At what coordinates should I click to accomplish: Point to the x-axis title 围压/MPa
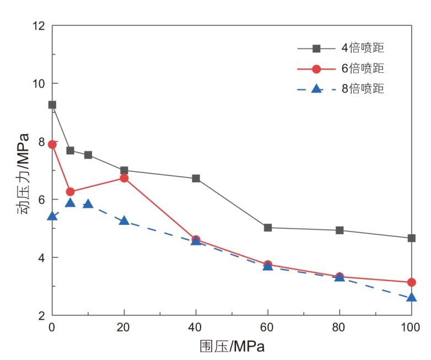click(x=231, y=347)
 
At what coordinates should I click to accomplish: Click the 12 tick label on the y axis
click(x=38, y=26)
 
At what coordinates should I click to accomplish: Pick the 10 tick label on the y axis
click(x=38, y=84)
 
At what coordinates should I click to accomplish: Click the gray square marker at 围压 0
click(x=52, y=105)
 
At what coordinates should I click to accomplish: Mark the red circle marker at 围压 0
click(x=52, y=144)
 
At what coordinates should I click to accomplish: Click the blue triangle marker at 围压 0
click(x=52, y=216)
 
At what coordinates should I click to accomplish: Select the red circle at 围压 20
click(x=124, y=178)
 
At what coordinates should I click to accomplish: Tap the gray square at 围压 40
click(x=196, y=179)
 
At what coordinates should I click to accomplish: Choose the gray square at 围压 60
click(x=268, y=228)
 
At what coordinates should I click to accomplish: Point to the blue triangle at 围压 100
click(x=411, y=298)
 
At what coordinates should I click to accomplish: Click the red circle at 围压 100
click(x=411, y=282)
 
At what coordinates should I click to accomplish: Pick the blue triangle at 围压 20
click(x=124, y=221)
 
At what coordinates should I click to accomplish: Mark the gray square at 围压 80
click(x=340, y=230)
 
